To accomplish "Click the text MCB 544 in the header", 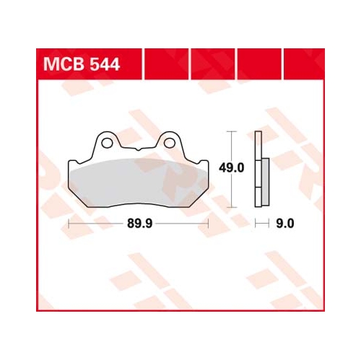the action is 82,64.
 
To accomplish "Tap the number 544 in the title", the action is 104,64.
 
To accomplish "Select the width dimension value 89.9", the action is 139,224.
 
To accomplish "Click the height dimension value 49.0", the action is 231,167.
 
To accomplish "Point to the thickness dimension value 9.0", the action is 285,224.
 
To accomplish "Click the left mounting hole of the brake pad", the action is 107,143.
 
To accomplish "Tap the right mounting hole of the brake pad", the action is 170,143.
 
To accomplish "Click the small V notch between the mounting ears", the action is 138,149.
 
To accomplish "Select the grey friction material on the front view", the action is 139,182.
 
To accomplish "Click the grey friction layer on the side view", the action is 265,182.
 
